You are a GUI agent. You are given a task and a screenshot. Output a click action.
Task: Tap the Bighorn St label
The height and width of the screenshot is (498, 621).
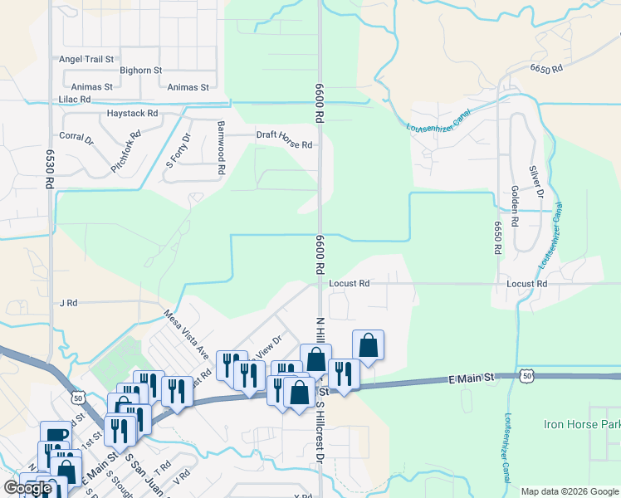pyautogui.click(x=140, y=71)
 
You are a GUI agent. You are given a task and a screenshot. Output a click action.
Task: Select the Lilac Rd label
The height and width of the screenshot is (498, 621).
pyautogui.click(x=74, y=99)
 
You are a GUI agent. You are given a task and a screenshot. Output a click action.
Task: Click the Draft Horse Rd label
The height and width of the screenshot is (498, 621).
pyautogui.click(x=284, y=144)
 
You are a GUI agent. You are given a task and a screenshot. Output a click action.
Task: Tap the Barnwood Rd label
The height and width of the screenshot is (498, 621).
pyautogui.click(x=221, y=148)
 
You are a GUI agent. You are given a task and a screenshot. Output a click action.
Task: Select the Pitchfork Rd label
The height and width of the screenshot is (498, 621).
pyautogui.click(x=127, y=152)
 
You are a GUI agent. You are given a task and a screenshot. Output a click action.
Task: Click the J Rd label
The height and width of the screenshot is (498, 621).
pyautogui.click(x=68, y=303)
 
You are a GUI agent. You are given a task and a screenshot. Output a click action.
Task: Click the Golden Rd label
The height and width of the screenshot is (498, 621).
pyautogui.click(x=515, y=207)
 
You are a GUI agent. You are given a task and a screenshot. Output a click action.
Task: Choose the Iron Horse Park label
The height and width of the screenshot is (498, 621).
pyautogui.click(x=581, y=424)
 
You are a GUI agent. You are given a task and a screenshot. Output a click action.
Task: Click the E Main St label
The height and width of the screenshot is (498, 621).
pyautogui.click(x=472, y=378)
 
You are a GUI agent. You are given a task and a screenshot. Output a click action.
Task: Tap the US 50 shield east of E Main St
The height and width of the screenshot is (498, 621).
pyautogui.click(x=526, y=376)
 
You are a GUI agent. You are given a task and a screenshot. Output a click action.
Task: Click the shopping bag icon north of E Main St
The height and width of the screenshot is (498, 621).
pyautogui.click(x=368, y=344)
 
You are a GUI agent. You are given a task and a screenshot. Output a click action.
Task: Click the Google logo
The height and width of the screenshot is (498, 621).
pyautogui.click(x=28, y=488)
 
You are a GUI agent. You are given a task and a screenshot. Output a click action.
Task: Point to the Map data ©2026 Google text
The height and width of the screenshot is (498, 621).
pyautogui.click(x=569, y=491)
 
